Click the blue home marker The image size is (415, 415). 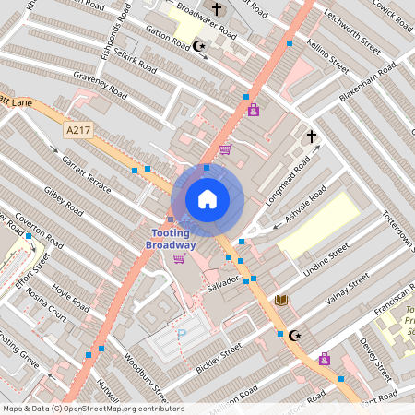207,198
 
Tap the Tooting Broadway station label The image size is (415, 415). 173,240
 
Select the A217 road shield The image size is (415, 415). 77,132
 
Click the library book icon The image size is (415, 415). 281,300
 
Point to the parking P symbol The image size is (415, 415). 182,334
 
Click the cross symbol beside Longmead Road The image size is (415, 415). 311,137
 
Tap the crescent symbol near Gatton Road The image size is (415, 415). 201,45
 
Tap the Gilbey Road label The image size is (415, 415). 64,203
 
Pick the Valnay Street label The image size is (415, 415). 347,287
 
